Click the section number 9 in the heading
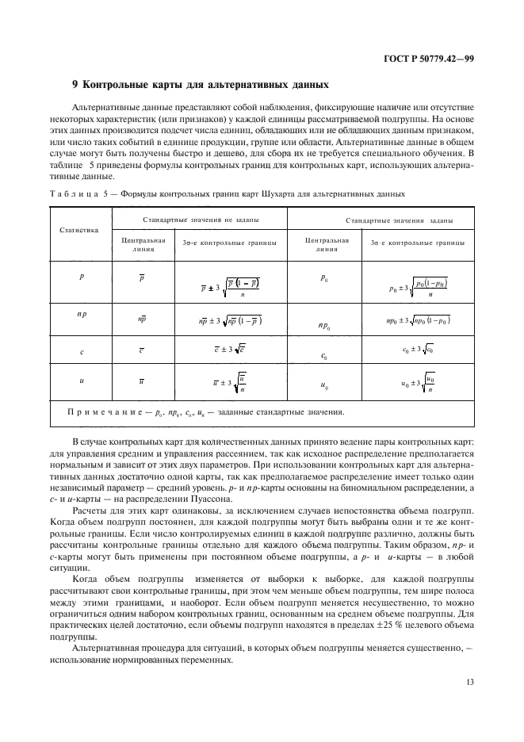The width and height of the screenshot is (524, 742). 75,85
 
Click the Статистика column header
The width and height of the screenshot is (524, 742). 79,230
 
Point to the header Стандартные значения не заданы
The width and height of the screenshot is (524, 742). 202,219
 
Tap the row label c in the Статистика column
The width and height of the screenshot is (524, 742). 82,352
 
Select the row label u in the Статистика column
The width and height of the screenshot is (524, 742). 82,381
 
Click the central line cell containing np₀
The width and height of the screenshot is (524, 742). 323,325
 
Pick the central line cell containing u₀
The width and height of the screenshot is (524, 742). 324,385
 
